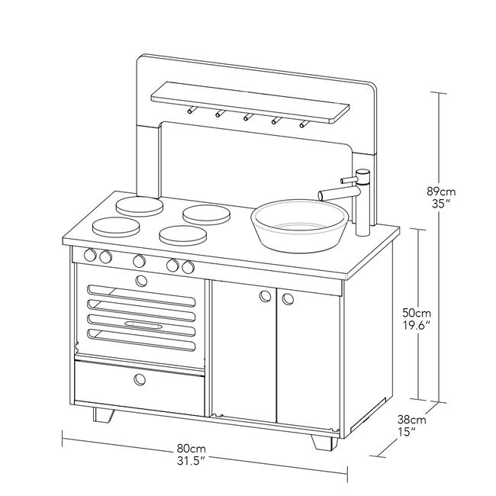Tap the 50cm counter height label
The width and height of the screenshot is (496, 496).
417,313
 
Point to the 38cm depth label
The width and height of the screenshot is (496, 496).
411,419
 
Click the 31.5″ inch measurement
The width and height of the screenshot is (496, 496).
190,460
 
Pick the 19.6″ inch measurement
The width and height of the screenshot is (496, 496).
417,325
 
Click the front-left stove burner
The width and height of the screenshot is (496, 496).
116,226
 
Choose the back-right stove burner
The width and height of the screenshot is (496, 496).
206,214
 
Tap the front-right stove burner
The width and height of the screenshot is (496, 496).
184,235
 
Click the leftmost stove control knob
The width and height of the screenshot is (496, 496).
91,255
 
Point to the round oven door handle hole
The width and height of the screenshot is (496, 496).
140,280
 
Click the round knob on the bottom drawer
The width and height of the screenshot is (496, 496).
140,379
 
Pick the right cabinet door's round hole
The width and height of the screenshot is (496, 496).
288,298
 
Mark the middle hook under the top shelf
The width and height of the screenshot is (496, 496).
246,118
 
